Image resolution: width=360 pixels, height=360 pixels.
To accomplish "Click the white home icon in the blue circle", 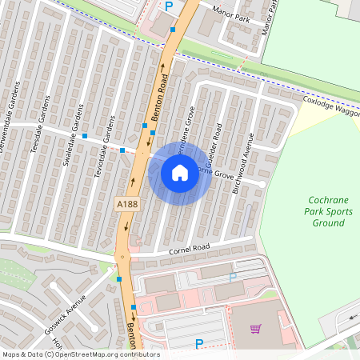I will coord(180,173).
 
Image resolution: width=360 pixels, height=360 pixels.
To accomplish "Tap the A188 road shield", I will coord(126,206).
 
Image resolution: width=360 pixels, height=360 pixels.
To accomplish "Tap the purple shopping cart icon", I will coord(256,328).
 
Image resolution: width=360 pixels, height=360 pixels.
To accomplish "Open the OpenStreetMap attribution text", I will coord(81,354).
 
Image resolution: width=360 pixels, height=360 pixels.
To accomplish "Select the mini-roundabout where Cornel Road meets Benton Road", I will coord(123,257).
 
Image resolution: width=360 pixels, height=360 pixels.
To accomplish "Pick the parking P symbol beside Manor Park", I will coord(168,6).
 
